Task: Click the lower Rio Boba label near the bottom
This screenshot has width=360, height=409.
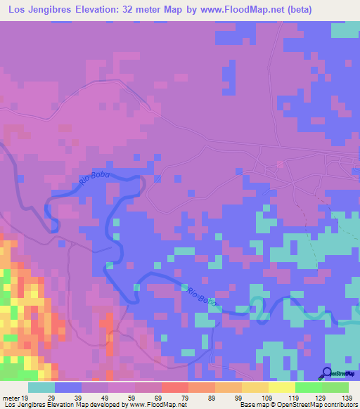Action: (199, 296)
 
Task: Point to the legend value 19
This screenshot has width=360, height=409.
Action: (26, 397)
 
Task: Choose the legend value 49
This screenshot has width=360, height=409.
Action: (108, 397)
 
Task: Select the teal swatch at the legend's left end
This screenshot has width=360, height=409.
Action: (41, 387)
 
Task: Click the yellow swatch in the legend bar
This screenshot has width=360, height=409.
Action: (282, 387)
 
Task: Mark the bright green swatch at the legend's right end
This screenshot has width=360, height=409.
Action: (335, 387)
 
